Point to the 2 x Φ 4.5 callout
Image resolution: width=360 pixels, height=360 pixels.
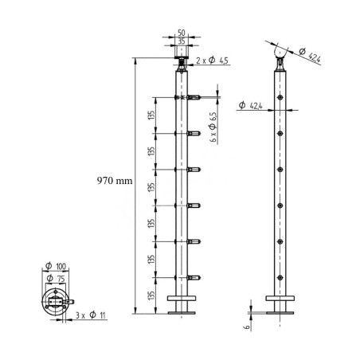pos(213,61)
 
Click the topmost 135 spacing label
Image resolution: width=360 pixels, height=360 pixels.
pos(151,116)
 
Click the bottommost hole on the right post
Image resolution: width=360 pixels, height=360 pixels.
pos(279,276)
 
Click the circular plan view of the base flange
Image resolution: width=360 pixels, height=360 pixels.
pos(55,303)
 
